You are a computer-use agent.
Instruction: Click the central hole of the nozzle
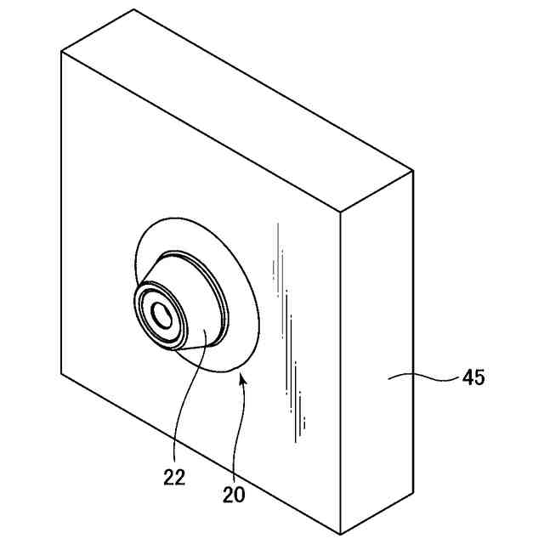click(x=161, y=315)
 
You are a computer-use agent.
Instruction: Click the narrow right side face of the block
click(x=378, y=357)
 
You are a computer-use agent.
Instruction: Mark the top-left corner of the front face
click(x=62, y=51)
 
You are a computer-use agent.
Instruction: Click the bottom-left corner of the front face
click(x=62, y=371)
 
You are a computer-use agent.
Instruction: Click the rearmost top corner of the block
click(x=134, y=9)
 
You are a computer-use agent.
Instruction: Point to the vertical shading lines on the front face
click(x=289, y=340)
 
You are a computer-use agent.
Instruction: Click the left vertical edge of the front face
click(x=62, y=212)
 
